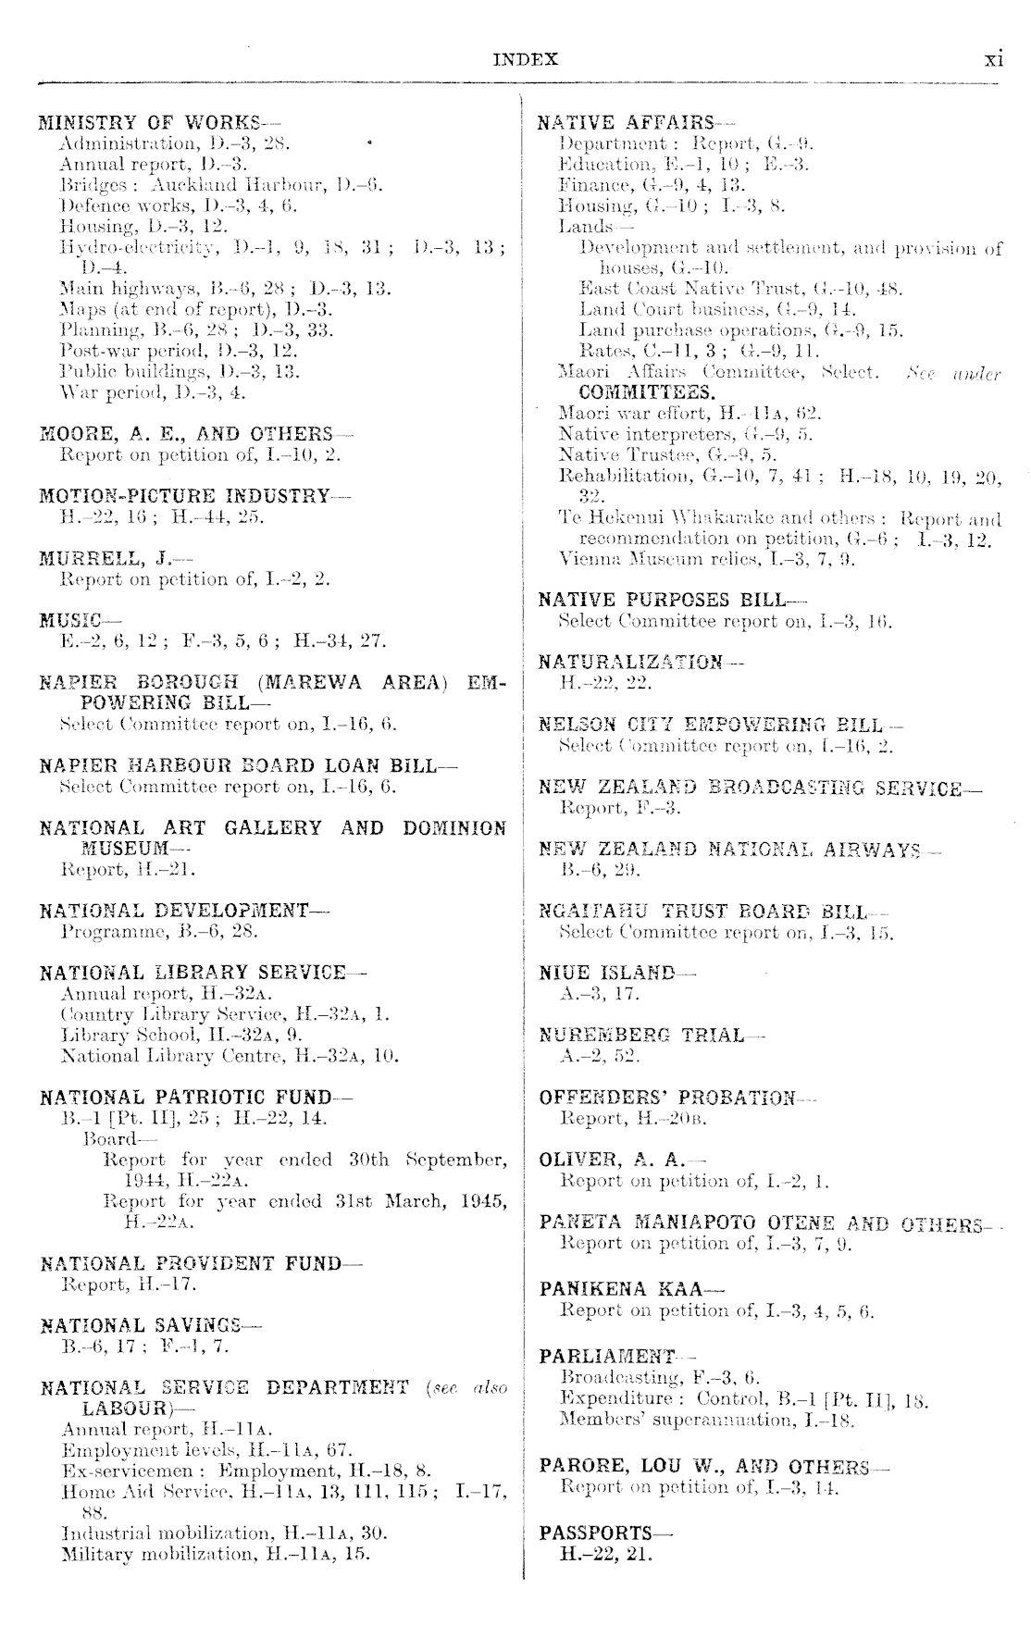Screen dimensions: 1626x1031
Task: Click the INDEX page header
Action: click(526, 60)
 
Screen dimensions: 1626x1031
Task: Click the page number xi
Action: click(993, 59)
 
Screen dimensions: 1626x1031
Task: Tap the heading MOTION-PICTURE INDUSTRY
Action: click(184, 497)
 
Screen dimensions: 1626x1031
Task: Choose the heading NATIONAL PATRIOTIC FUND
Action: click(186, 1098)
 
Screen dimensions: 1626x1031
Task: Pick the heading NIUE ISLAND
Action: click(607, 974)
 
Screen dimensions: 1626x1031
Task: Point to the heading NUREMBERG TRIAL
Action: click(641, 1036)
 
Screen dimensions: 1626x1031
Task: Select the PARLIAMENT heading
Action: click(607, 1358)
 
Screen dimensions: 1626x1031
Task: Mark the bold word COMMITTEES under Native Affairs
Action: click(646, 391)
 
